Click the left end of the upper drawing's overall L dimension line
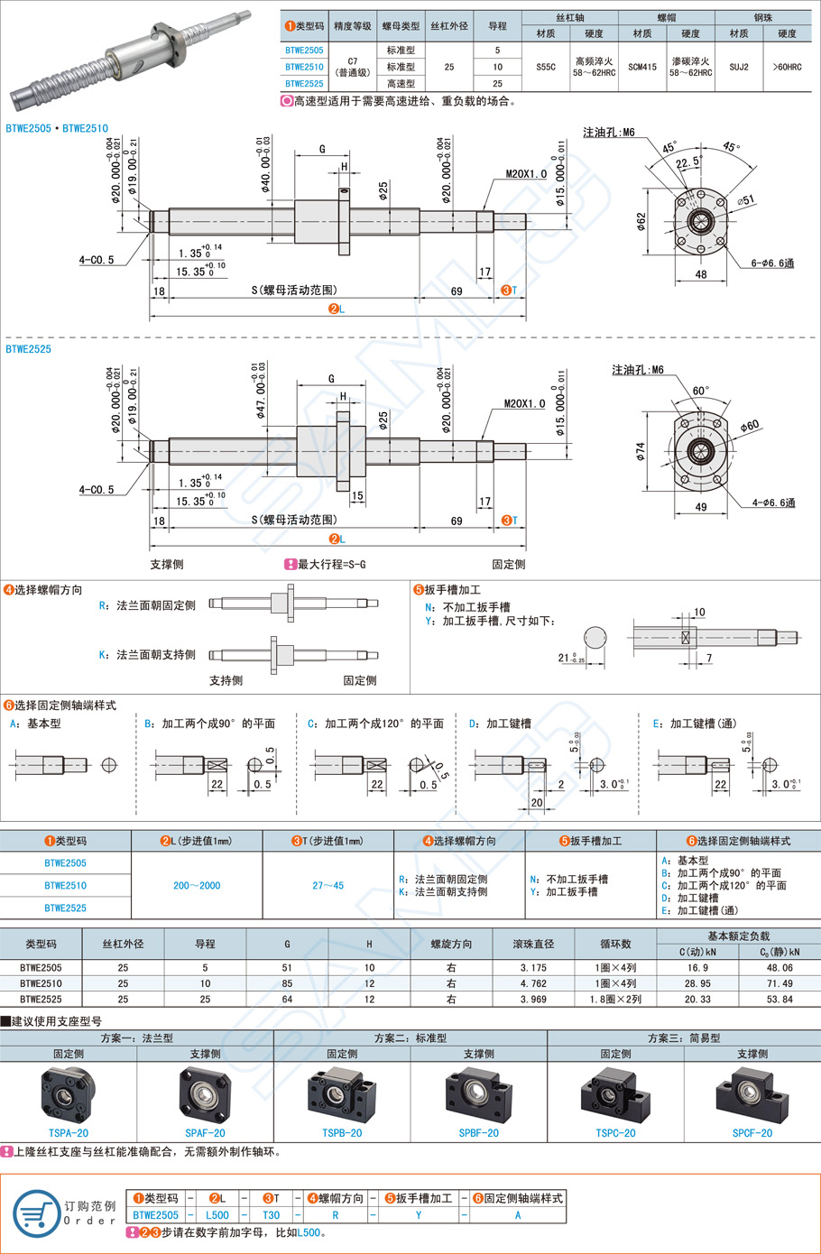tap(150, 317)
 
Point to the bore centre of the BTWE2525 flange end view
tap(699, 450)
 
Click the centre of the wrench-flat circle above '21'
tap(595, 638)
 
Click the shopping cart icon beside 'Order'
tap(36, 1214)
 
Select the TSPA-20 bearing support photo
tap(69, 1095)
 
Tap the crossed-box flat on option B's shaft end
tap(217, 765)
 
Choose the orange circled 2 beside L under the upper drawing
tap(334, 309)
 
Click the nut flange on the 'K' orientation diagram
tap(274, 655)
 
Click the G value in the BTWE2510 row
tap(287, 983)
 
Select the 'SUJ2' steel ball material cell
tap(739, 67)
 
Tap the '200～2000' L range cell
tap(197, 885)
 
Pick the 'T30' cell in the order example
tap(271, 1215)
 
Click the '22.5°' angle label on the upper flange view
tap(688, 162)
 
